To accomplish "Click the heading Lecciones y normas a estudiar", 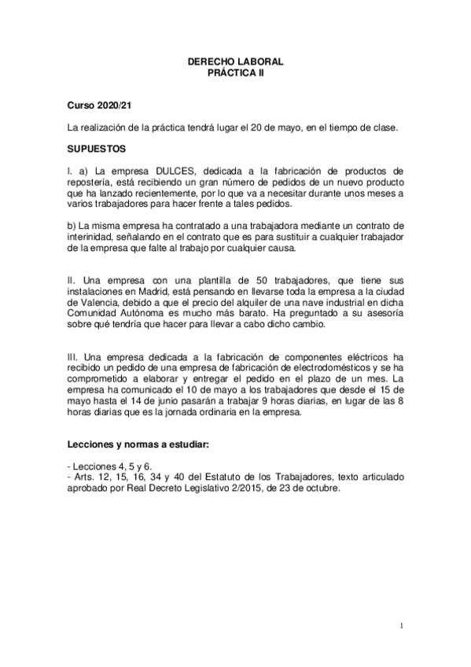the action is point(138,445).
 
